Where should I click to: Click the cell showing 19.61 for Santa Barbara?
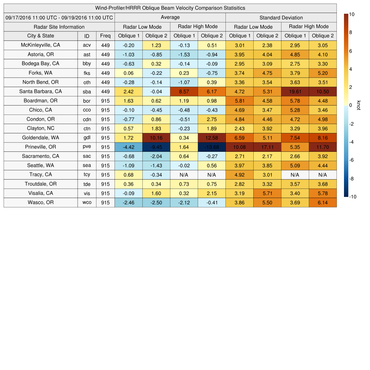pos(295,92)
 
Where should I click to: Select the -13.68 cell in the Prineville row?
pos(212,147)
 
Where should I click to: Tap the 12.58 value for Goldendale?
pos(212,138)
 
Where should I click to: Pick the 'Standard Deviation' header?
pos(281,18)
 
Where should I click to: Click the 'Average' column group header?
pos(170,17)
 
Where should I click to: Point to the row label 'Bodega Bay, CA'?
pos(40,64)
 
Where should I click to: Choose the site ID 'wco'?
pos(87,203)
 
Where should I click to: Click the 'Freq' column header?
pos(105,36)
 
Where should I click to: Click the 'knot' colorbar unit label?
pos(358,105)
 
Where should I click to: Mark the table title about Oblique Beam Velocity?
pos(170,8)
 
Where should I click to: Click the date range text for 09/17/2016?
pos(59,18)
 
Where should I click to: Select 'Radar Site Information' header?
pos(59,27)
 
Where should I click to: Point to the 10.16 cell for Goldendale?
pos(156,138)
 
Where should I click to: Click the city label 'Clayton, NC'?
pos(40,128)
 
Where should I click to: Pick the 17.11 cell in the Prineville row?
pos(267,147)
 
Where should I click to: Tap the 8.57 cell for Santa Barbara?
pos(184,92)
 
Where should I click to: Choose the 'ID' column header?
pos(87,36)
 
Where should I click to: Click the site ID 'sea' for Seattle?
pos(87,165)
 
